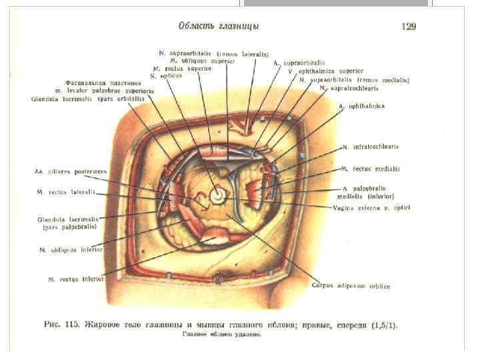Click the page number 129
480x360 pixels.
coord(409,27)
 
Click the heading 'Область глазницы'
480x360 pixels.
coord(219,26)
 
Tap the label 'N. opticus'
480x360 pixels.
coord(166,76)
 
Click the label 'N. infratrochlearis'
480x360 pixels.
coord(371,147)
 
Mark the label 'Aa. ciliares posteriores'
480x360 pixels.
coord(70,171)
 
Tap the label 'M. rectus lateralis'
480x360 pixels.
coord(67,192)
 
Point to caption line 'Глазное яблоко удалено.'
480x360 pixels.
coord(222,335)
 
